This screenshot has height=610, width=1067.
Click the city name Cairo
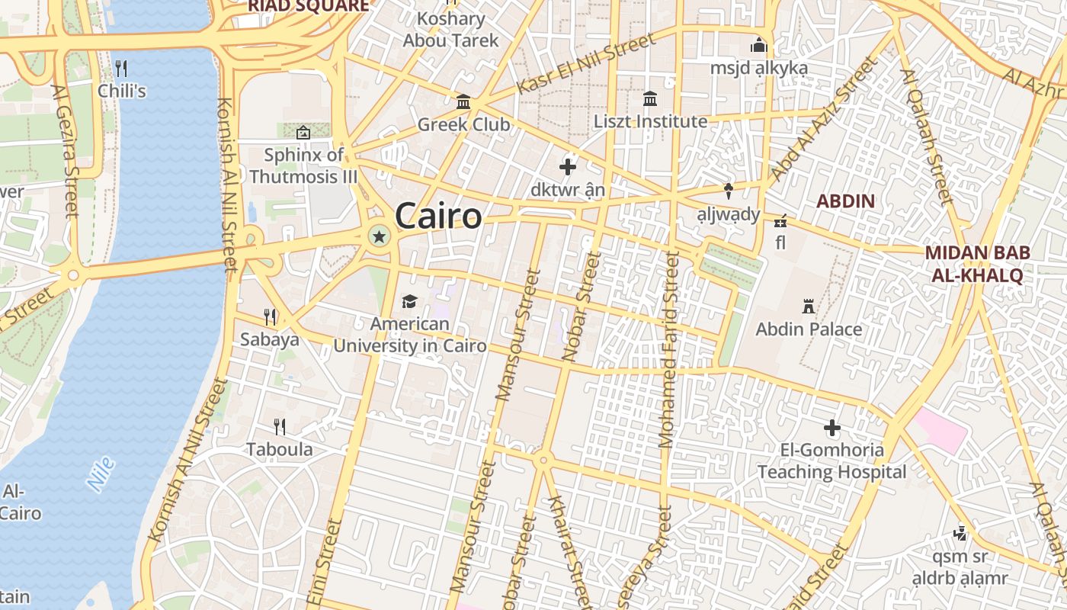click(x=438, y=216)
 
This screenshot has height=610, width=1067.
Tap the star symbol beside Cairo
click(x=378, y=236)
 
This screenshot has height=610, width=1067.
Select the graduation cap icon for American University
click(x=410, y=301)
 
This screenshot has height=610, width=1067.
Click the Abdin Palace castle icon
click(x=809, y=307)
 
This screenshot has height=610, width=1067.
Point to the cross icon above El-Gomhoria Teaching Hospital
click(x=832, y=428)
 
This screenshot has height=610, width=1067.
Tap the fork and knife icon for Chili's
click(x=121, y=69)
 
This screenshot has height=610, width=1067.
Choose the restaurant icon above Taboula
click(x=280, y=427)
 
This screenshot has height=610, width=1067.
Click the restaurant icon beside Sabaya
click(x=269, y=316)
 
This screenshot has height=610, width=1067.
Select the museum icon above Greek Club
click(x=463, y=101)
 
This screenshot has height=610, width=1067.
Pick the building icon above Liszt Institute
click(x=650, y=98)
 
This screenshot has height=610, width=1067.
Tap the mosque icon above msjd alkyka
click(x=758, y=46)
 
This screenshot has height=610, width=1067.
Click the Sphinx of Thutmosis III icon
click(x=303, y=133)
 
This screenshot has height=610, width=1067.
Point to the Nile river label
click(x=101, y=474)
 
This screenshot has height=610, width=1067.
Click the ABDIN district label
click(x=845, y=201)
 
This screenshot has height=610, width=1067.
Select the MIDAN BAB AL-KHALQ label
click(x=977, y=264)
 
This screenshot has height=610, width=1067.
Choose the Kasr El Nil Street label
click(x=585, y=63)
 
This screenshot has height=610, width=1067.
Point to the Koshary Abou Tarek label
click(x=451, y=29)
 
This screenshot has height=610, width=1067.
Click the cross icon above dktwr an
click(x=568, y=166)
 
